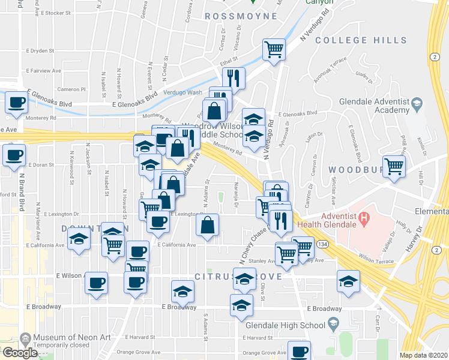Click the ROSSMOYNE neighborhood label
pos(231,16)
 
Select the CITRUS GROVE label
pos(227,277)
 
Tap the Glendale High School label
pos(285,325)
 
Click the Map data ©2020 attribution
pos(424,355)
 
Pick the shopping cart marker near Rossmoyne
pos(274,49)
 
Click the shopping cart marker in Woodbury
pos(394,166)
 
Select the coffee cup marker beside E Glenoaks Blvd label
pos(16,102)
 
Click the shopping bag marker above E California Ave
pos(207,226)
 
